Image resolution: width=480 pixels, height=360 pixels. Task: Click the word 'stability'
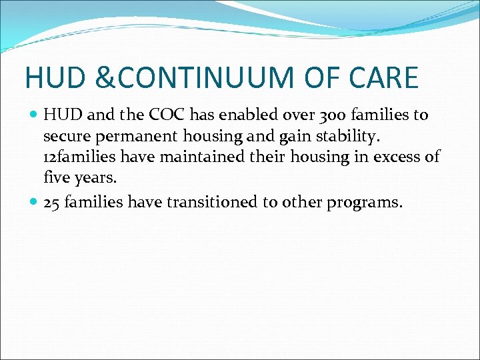tap(343, 137)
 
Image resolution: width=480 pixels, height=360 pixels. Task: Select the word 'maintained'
tap(189, 158)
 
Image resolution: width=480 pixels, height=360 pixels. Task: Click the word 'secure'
tap(63, 137)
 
